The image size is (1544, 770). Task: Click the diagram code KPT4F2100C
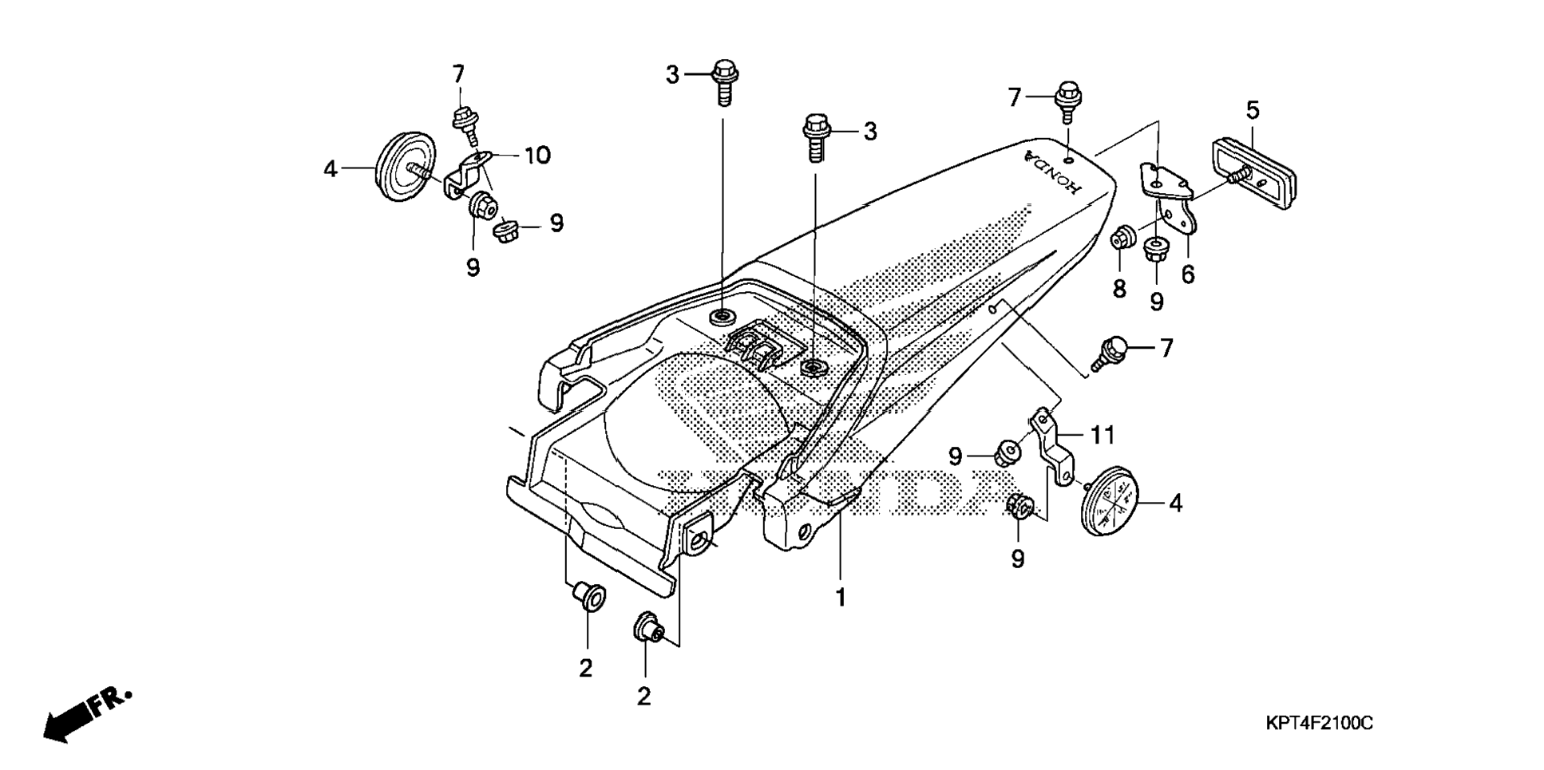pyautogui.click(x=1319, y=724)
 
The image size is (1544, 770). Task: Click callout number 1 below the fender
pyautogui.click(x=840, y=597)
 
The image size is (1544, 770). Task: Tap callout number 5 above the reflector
pyautogui.click(x=1252, y=109)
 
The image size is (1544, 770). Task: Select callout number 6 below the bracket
pyautogui.click(x=1188, y=274)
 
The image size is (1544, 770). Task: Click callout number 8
pyautogui.click(x=1119, y=289)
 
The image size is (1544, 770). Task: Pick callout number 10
pyautogui.click(x=537, y=155)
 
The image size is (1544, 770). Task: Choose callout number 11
pyautogui.click(x=1102, y=435)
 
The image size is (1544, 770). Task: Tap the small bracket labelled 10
pyautogui.click(x=465, y=173)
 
